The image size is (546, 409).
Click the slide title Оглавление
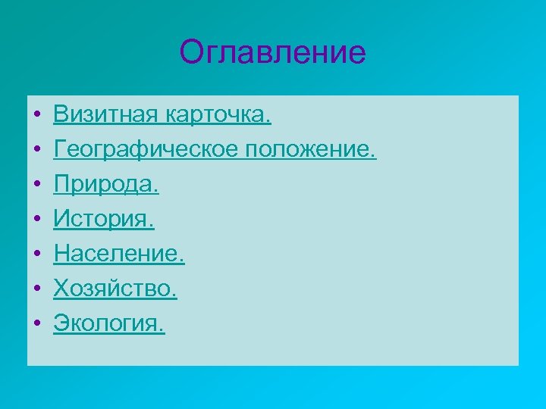(x=273, y=53)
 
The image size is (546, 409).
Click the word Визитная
(x=103, y=115)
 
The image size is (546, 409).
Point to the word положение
(x=310, y=150)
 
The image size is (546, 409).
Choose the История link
(x=104, y=220)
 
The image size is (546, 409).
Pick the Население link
(x=119, y=254)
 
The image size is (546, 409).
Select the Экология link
(x=108, y=324)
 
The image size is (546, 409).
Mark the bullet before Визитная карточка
(x=36, y=116)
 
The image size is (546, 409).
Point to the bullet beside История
(x=36, y=220)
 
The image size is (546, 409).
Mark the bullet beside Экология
(x=36, y=325)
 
